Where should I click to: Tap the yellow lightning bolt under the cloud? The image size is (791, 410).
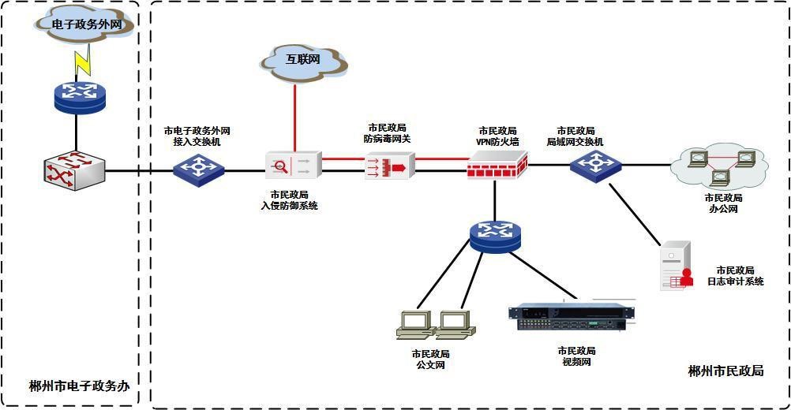(81, 61)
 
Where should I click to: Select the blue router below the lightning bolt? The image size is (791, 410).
(79, 95)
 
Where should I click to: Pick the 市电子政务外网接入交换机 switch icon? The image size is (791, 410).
(199, 166)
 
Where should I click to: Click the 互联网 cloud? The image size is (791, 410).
(305, 59)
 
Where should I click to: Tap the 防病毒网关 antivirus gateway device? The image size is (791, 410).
(390, 166)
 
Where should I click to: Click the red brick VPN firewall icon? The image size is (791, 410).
(497, 166)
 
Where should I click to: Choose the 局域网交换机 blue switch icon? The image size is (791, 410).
(596, 164)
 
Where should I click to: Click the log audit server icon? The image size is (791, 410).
(677, 266)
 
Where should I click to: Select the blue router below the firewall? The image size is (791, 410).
(495, 234)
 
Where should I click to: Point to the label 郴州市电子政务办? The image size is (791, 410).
(79, 386)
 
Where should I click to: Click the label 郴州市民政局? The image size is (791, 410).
(725, 371)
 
